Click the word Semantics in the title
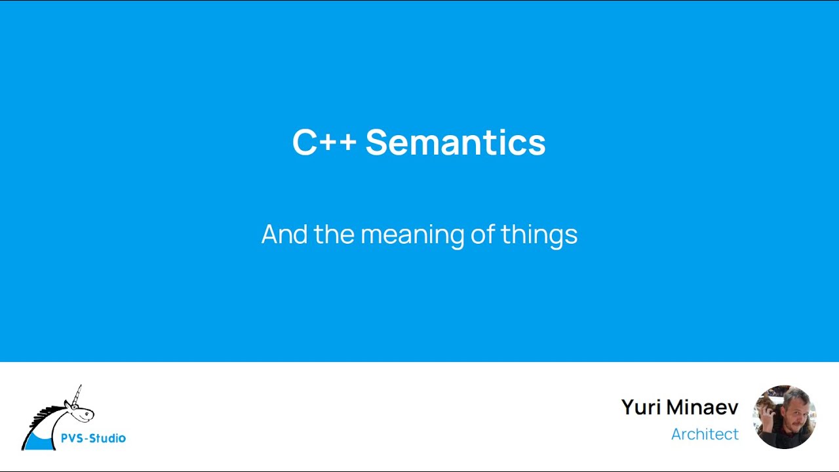pyautogui.click(x=455, y=142)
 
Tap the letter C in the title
pyautogui.click(x=304, y=142)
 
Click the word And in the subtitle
pyautogui.click(x=284, y=234)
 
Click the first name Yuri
pyautogui.click(x=640, y=408)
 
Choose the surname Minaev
pyautogui.click(x=702, y=408)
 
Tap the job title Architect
pyautogui.click(x=705, y=434)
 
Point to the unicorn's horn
pyautogui.click(x=77, y=395)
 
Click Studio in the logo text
pyautogui.click(x=107, y=439)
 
